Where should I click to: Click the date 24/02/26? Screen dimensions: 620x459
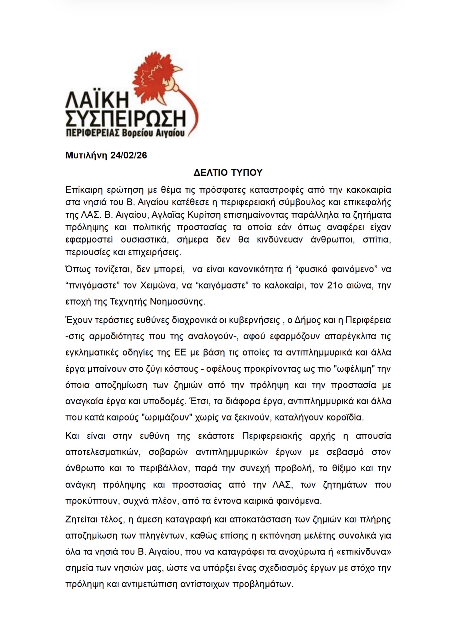click(128, 155)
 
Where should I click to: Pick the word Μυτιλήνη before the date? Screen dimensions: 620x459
click(87, 155)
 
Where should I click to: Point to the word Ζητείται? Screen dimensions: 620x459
click(84, 519)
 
